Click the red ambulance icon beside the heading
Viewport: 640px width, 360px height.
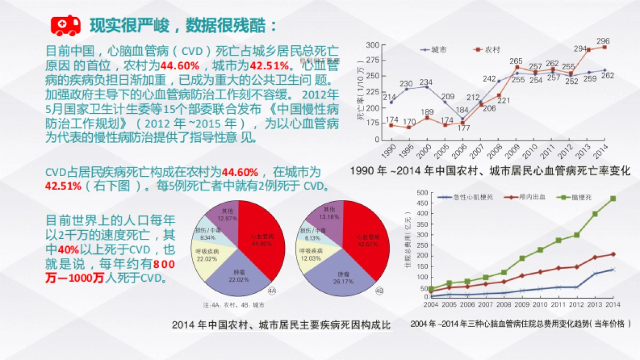(65, 25)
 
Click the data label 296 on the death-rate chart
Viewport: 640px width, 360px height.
(603, 41)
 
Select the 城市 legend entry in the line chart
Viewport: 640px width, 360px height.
(435, 49)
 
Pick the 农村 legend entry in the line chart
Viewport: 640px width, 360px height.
(487, 49)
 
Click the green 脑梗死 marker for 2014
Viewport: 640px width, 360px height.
(613, 198)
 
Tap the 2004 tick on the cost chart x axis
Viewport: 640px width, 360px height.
(431, 305)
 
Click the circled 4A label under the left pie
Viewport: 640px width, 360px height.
(271, 291)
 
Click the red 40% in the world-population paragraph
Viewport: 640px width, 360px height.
(68, 250)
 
